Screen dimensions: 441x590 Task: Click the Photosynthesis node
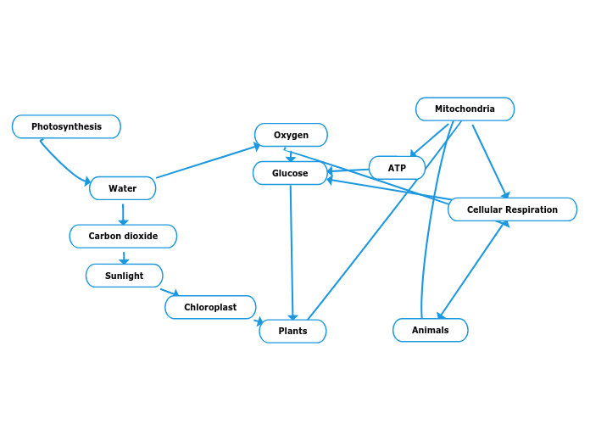point(66,126)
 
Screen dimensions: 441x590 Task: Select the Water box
point(122,188)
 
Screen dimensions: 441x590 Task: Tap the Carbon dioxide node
point(123,236)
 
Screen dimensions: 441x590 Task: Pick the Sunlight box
point(124,276)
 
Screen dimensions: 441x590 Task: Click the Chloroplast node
point(210,307)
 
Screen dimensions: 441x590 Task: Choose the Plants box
point(292,331)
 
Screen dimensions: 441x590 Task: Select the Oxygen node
point(291,135)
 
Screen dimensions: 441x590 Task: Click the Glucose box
point(290,173)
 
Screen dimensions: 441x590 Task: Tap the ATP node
point(397,168)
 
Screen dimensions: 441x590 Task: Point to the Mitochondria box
point(465,109)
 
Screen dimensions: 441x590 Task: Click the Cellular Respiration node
point(512,209)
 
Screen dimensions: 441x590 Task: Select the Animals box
point(430,330)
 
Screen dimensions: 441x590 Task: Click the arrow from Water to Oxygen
point(208,162)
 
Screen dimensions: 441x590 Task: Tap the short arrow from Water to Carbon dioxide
point(123,213)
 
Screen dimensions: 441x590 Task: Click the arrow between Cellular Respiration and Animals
point(472,270)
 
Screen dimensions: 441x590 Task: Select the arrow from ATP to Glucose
point(348,170)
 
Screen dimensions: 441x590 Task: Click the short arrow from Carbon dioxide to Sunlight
point(124,257)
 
